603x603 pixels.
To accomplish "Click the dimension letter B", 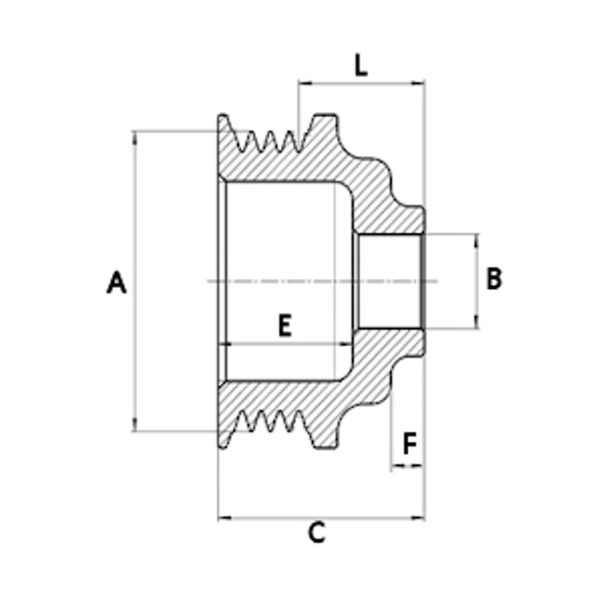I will (494, 279).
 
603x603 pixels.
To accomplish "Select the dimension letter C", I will (317, 533).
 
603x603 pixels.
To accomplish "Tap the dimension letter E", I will (283, 326).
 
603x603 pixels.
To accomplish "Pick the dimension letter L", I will (361, 66).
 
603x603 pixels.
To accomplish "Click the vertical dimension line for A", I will (135, 226).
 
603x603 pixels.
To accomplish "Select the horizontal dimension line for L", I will (362, 83).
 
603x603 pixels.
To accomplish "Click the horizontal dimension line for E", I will (286, 343).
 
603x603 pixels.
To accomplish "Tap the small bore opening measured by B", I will (388, 281).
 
